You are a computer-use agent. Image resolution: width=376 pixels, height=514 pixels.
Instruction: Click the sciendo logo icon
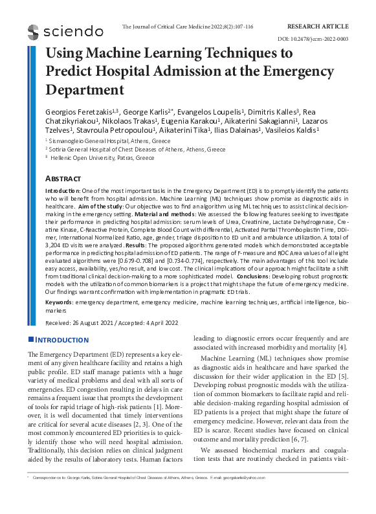click(34, 30)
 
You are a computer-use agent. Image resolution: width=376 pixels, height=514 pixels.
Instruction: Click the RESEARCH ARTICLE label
click(317, 27)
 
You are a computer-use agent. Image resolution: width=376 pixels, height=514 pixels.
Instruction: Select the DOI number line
click(322, 39)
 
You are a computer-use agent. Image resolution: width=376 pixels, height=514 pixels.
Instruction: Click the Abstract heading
click(63, 178)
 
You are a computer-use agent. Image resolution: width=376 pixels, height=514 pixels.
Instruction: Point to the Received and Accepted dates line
click(104, 322)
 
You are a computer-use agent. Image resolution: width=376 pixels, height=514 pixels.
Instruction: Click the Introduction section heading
click(62, 340)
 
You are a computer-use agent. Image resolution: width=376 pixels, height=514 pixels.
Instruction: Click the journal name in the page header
click(187, 27)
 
